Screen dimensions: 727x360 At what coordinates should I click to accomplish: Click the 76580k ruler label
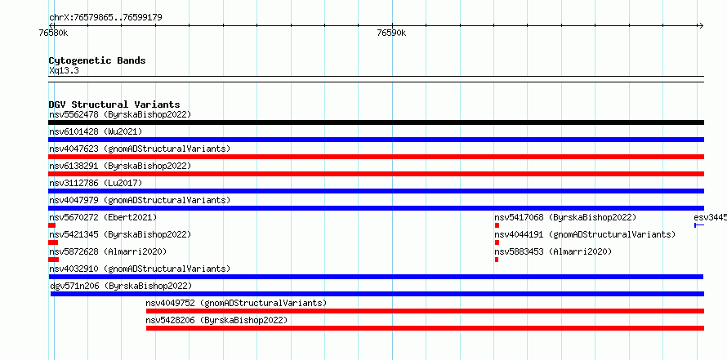54,33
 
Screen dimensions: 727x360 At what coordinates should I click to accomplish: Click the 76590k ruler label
391,33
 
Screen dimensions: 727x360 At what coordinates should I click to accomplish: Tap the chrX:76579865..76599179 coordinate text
105,18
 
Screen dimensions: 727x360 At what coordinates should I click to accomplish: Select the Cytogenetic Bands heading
97,60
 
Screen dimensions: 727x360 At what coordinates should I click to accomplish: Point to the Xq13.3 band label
64,71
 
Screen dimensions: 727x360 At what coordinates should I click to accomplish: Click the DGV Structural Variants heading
114,104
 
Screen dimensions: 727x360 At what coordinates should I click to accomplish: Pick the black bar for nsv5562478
376,122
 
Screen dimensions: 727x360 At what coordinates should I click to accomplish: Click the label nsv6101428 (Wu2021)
96,131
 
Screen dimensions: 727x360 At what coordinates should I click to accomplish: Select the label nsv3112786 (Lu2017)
96,183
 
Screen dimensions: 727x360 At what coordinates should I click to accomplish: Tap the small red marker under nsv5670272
52,225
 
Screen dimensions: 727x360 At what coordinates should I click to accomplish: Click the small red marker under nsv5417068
497,225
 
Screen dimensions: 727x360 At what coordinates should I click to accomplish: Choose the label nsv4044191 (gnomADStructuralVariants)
585,234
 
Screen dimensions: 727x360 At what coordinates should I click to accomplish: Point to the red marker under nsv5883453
497,260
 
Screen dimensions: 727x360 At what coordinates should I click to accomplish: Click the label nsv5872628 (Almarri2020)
108,251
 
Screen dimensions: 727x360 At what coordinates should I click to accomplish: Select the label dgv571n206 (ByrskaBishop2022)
121,286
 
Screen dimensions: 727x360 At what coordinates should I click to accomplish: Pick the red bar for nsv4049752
425,311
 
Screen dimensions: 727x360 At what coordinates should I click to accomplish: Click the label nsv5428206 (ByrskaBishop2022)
216,320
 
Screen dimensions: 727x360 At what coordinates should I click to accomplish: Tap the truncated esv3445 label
711,217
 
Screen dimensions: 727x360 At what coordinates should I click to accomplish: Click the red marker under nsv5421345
53,242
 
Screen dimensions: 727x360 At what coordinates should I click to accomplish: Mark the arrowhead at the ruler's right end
702,26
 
